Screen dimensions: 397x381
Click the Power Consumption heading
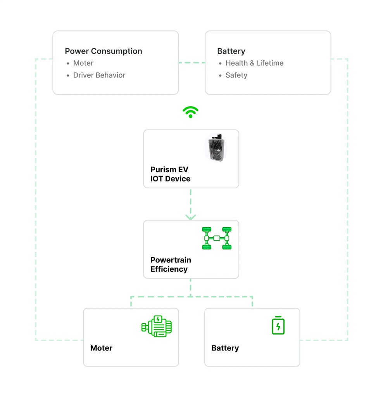point(103,51)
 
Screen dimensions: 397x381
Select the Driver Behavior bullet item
point(99,75)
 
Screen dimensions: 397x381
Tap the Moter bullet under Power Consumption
point(83,63)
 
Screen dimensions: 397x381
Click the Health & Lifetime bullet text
point(254,63)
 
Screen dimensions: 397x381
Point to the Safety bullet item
point(236,75)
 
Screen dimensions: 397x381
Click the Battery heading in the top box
point(231,51)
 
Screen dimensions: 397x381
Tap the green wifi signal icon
point(190,112)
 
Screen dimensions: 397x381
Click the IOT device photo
point(215,147)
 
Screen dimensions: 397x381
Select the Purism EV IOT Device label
point(170,174)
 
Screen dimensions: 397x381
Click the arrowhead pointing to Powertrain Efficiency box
point(190,217)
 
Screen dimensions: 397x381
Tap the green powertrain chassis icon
point(216,238)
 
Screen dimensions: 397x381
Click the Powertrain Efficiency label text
point(171,264)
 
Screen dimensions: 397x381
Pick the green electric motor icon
point(157,326)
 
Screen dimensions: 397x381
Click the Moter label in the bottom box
point(101,348)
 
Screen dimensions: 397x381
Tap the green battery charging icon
point(278,325)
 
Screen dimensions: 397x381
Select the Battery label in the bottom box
point(225,348)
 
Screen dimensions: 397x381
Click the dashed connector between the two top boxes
point(191,62)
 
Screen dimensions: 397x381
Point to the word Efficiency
point(169,269)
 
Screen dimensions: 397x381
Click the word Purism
point(163,170)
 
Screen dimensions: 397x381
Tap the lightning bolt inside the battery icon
point(278,327)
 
